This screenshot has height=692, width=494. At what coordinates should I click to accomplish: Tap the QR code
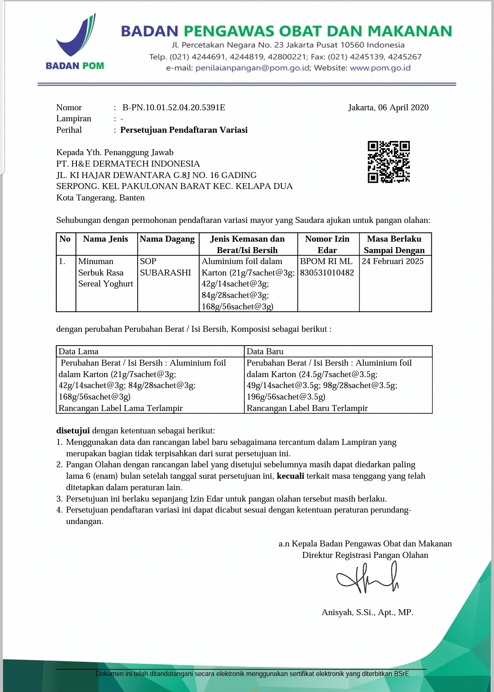[388, 162]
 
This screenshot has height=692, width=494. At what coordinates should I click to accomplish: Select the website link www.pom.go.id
[380, 68]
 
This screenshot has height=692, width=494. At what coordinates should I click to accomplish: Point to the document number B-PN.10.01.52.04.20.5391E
[174, 108]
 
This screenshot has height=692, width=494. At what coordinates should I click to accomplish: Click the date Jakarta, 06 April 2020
[388, 108]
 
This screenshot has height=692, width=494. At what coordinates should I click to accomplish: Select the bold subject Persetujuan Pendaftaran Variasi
[184, 130]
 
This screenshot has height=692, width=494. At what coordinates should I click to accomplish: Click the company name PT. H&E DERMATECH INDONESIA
[128, 164]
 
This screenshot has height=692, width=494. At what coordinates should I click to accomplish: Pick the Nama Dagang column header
[167, 239]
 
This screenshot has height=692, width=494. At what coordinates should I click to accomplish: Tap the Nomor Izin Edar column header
[328, 244]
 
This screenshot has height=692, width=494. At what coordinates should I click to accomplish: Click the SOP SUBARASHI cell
[165, 267]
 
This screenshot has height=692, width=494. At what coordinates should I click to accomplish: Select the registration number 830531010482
[327, 273]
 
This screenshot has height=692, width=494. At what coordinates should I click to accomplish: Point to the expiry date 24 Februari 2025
[392, 261]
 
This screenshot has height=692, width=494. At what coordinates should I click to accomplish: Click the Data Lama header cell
[79, 351]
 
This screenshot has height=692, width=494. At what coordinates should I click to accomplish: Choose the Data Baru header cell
[265, 351]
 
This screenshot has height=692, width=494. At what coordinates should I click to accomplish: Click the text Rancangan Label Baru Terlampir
[307, 408]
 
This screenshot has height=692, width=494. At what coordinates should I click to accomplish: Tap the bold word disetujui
[73, 431]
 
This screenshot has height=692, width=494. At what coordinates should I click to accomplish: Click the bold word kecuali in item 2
[290, 476]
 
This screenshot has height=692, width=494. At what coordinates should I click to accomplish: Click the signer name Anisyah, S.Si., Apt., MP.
[367, 612]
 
